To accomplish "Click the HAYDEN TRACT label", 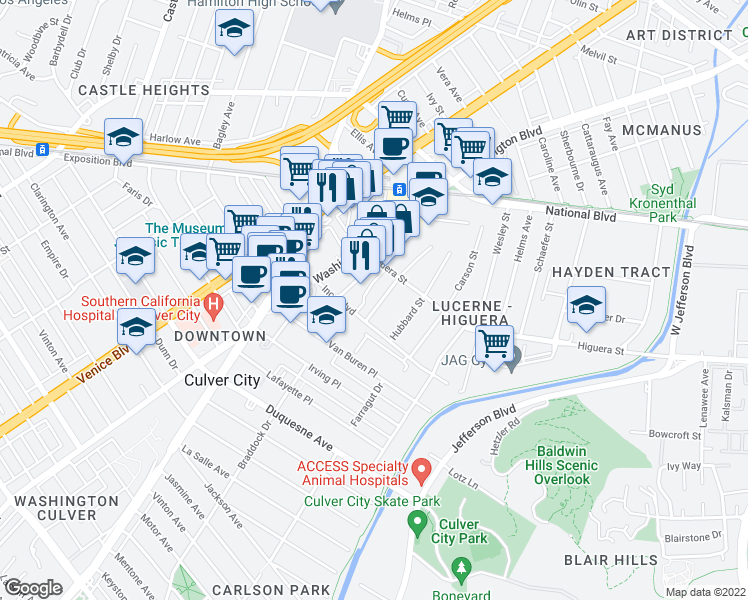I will tap(611, 272).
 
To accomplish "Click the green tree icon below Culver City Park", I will tap(461, 569).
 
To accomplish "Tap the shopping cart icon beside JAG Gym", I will tap(494, 343).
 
